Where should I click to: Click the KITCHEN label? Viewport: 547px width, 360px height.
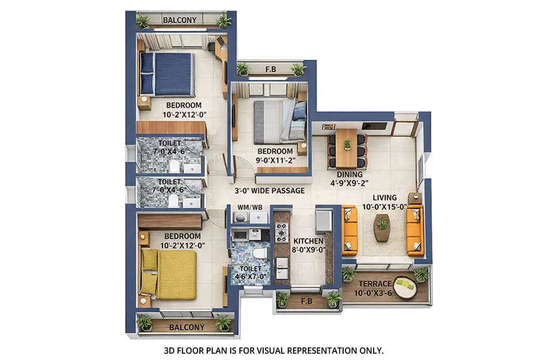pyautogui.click(x=309, y=241)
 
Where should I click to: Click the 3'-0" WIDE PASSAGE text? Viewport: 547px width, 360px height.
pyautogui.click(x=269, y=191)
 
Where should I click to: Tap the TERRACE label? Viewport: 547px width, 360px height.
pyautogui.click(x=375, y=283)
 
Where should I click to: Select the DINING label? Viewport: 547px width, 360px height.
pyautogui.click(x=350, y=175)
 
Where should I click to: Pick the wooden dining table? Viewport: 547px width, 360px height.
pyautogui.click(x=347, y=148)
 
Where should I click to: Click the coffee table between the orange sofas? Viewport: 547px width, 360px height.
pyautogui.click(x=382, y=227)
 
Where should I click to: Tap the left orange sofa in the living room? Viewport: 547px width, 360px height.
pyautogui.click(x=350, y=230)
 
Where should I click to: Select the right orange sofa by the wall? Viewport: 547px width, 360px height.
pyautogui.click(x=415, y=230)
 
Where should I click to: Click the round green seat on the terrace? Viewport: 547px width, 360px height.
pyautogui.click(x=406, y=287)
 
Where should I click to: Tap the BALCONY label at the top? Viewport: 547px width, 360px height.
pyautogui.click(x=180, y=20)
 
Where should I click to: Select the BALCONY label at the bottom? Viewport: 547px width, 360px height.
pyautogui.click(x=187, y=327)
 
